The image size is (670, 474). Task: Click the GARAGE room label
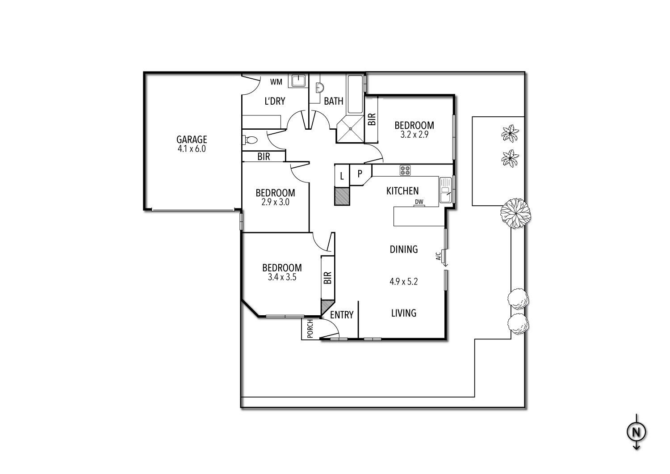(x=192, y=139)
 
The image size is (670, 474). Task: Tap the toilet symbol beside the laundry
(x=250, y=140)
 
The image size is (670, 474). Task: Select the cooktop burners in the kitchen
(x=405, y=170)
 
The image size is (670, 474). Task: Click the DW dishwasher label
(x=419, y=202)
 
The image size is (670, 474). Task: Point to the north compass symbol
(x=636, y=432)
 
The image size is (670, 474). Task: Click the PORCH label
(x=310, y=329)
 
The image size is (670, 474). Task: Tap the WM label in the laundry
(x=276, y=82)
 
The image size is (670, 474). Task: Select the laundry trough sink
(x=298, y=81)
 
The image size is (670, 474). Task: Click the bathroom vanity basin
(x=320, y=88)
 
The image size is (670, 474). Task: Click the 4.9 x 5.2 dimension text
(x=403, y=281)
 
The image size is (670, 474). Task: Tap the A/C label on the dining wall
(x=438, y=256)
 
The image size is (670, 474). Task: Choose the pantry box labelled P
(x=361, y=174)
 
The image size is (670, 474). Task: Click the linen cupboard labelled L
(x=342, y=176)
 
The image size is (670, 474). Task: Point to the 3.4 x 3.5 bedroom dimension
(x=282, y=277)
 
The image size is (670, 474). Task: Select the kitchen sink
(x=445, y=190)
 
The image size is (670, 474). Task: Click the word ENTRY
(x=342, y=315)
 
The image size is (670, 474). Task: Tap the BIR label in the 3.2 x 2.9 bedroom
(x=372, y=119)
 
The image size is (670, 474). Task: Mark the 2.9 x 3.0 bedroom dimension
(x=276, y=203)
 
